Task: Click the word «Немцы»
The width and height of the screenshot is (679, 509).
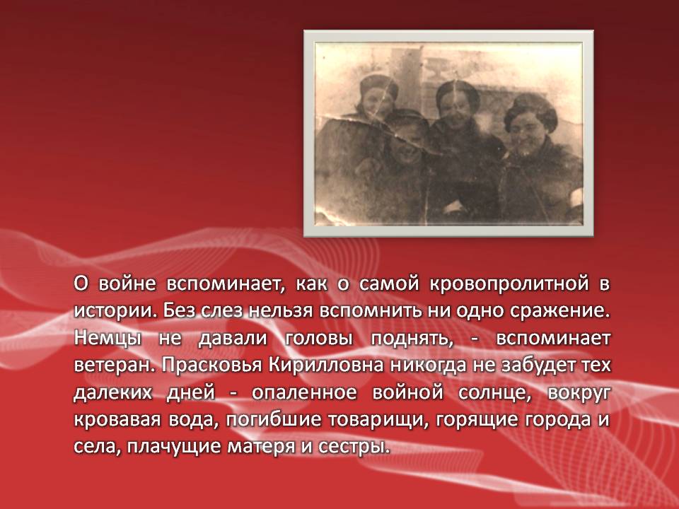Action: pyautogui.click(x=108, y=339)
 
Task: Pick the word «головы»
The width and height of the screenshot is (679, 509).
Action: pyautogui.click(x=319, y=339)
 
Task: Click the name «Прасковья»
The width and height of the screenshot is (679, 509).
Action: pyautogui.click(x=212, y=365)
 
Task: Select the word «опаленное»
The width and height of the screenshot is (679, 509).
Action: pyautogui.click(x=304, y=392)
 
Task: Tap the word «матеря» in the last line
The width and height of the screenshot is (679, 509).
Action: pyautogui.click(x=260, y=447)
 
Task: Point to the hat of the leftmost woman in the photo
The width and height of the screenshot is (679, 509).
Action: pyautogui.click(x=378, y=86)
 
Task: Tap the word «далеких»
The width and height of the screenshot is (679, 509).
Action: pyautogui.click(x=113, y=392)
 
